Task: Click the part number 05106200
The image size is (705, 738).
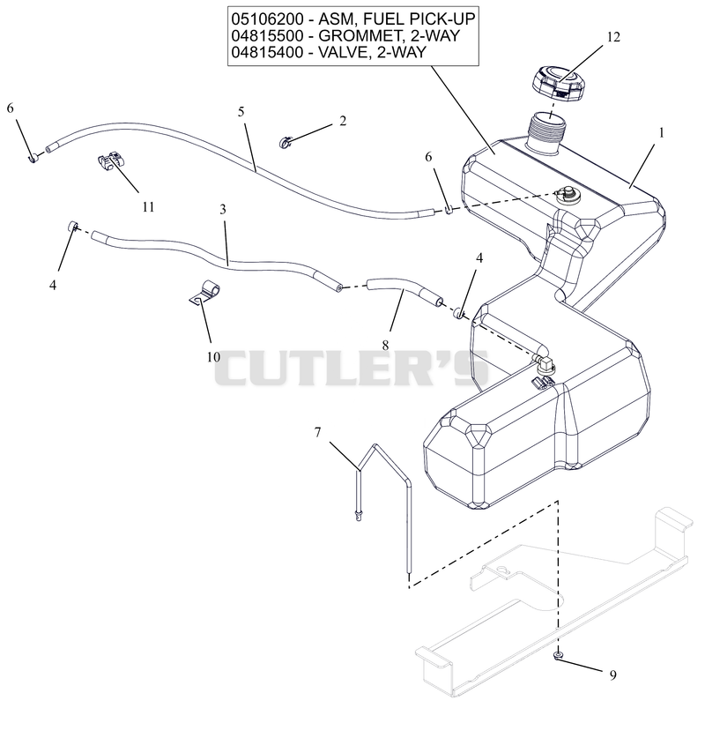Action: pyautogui.click(x=267, y=19)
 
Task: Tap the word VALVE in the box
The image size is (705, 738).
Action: pyautogui.click(x=345, y=52)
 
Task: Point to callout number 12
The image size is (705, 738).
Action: pyautogui.click(x=613, y=37)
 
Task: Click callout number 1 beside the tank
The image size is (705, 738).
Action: pyautogui.click(x=662, y=133)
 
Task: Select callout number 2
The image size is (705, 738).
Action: pyautogui.click(x=343, y=121)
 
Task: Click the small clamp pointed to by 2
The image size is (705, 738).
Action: pyautogui.click(x=285, y=142)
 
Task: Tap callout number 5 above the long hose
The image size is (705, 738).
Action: pyautogui.click(x=241, y=112)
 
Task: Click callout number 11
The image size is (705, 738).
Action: pyautogui.click(x=148, y=206)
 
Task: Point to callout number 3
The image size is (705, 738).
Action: pyautogui.click(x=223, y=209)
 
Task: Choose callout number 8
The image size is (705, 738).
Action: pyautogui.click(x=385, y=346)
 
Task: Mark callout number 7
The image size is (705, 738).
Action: pyautogui.click(x=317, y=431)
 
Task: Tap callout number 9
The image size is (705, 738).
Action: pyautogui.click(x=612, y=675)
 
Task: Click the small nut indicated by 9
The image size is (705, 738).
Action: pyautogui.click(x=558, y=655)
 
